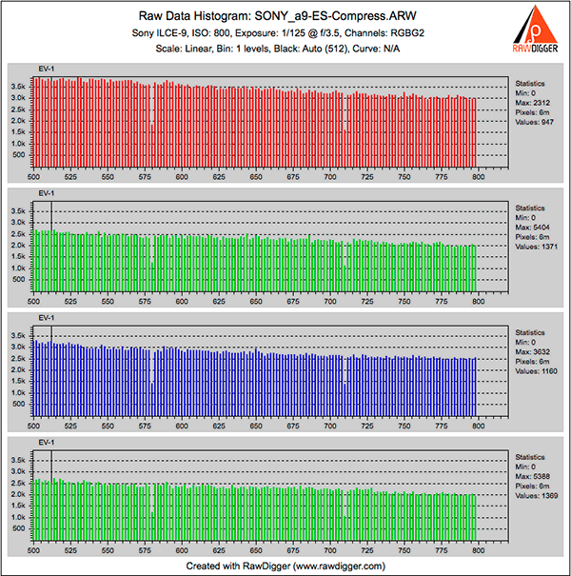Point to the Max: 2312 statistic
tap(531, 103)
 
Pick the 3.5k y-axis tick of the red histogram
tap(17, 86)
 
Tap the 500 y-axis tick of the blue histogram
tap(20, 404)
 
